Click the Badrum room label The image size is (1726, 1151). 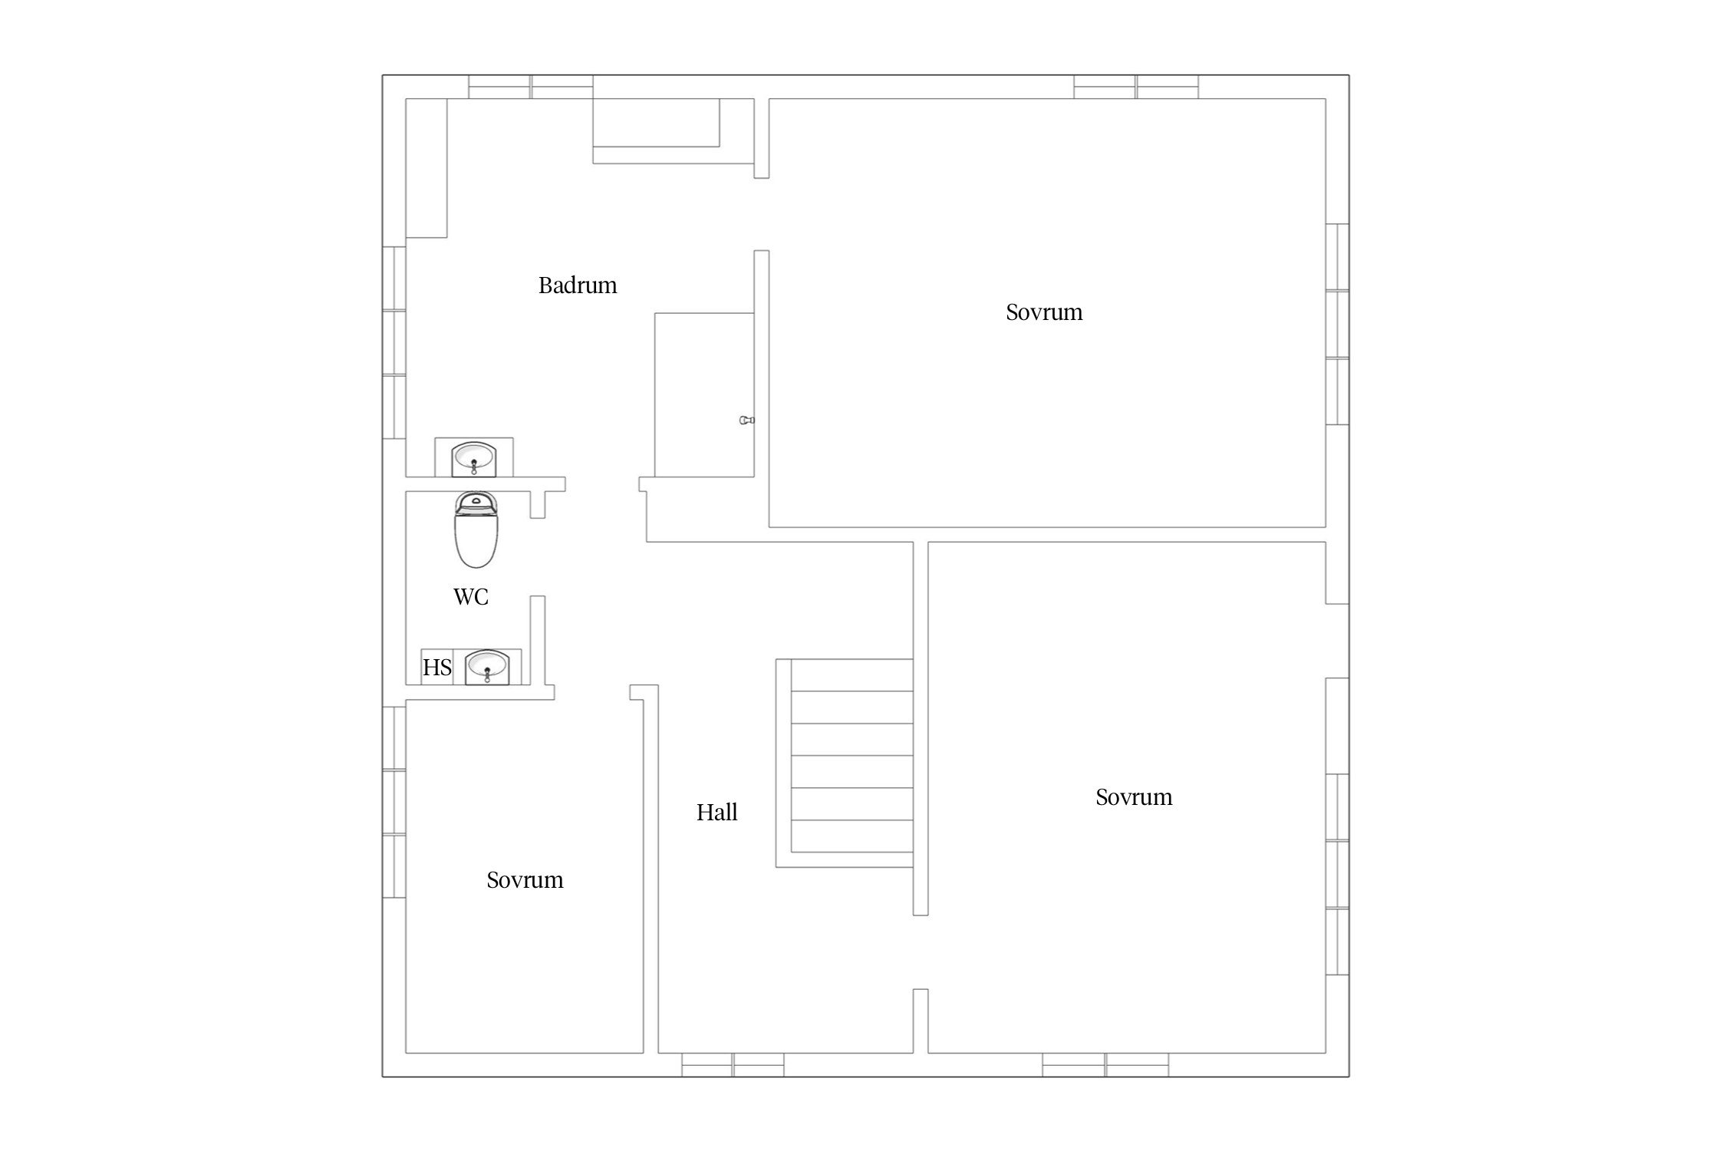(x=578, y=285)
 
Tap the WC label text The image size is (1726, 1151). (x=470, y=597)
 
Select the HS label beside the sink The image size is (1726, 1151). (x=437, y=668)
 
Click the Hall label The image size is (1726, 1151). (x=716, y=813)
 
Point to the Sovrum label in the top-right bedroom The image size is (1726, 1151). (x=1044, y=312)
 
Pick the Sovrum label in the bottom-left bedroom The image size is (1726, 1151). (x=525, y=880)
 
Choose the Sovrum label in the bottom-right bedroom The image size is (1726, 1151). (x=1134, y=797)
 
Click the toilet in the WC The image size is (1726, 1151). (x=476, y=529)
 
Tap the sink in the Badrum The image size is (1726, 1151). (x=474, y=458)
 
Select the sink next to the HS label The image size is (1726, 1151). (x=487, y=667)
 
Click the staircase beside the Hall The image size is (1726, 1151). (x=845, y=763)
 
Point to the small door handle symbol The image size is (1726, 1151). (x=746, y=420)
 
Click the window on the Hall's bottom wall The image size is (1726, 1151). (x=733, y=1065)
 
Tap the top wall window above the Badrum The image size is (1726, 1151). (x=531, y=87)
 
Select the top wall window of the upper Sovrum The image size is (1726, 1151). (x=1136, y=87)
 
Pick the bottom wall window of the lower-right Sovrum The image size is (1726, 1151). (x=1105, y=1065)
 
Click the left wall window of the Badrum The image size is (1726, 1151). (x=394, y=342)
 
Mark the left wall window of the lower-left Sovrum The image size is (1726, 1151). (x=394, y=802)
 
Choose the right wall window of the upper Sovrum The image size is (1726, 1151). (x=1337, y=324)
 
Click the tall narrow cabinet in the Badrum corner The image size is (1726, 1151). (x=427, y=168)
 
